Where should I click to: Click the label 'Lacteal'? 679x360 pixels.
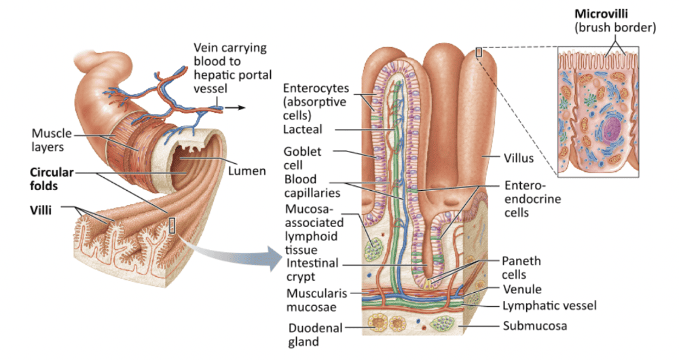pyautogui.click(x=303, y=129)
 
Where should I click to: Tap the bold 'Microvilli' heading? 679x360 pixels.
pyautogui.click(x=601, y=14)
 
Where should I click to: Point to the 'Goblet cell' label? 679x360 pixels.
pyautogui.click(x=303, y=158)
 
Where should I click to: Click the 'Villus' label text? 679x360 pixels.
pyautogui.click(x=519, y=159)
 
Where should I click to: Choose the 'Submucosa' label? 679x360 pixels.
pyautogui.click(x=534, y=325)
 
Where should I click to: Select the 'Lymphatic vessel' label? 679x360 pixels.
pyautogui.click(x=549, y=306)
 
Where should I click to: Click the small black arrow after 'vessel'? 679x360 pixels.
pyautogui.click(x=236, y=107)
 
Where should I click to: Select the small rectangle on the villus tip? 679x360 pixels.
pyautogui.click(x=479, y=52)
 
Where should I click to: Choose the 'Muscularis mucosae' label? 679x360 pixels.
pyautogui.click(x=317, y=300)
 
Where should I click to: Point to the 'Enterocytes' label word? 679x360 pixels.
pyautogui.click(x=316, y=88)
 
